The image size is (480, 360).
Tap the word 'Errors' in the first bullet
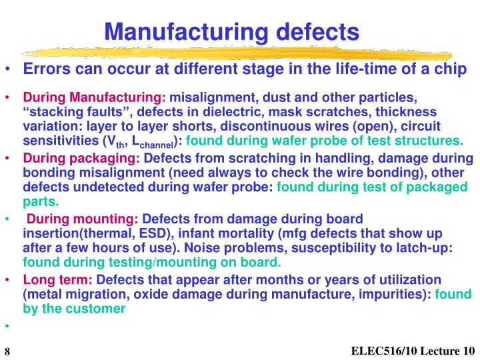(46, 70)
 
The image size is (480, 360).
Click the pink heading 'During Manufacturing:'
(96, 98)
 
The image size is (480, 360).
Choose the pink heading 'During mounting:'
(83, 219)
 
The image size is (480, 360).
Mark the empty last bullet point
(8, 326)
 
